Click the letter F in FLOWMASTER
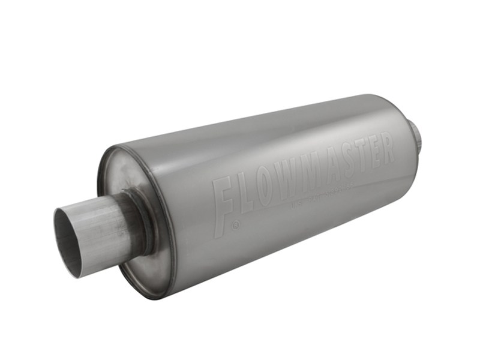coord(224,201)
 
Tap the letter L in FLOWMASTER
coord(247,191)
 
